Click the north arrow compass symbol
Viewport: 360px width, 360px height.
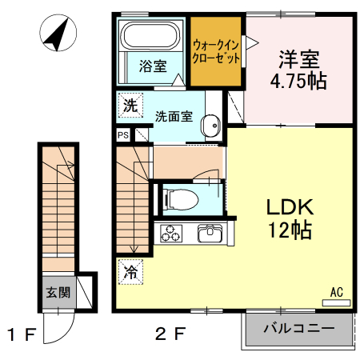58,33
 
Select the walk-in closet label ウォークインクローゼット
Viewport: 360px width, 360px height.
216,51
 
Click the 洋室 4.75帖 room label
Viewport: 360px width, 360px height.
299,70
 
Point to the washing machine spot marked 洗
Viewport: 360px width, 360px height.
130,106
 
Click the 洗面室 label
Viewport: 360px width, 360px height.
174,117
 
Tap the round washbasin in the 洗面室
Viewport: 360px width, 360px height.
210,126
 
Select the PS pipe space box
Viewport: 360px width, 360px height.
123,135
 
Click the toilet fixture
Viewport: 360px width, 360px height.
181,200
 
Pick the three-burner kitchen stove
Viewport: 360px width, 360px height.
171,234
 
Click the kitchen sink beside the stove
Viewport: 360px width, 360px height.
210,234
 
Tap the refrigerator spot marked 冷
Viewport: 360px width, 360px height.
130,272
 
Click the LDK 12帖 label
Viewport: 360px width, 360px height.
290,218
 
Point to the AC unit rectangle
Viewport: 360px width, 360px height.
336,302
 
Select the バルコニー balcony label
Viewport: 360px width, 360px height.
299,328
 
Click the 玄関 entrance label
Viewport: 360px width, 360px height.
58,293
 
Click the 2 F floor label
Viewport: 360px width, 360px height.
170,334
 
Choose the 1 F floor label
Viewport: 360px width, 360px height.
22,334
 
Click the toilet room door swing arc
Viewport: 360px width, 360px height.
203,173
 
